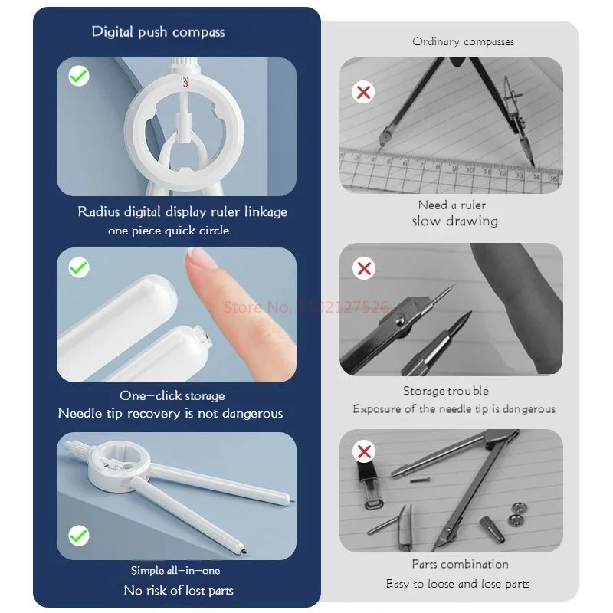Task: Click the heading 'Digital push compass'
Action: click(158, 32)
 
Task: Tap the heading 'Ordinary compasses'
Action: click(463, 41)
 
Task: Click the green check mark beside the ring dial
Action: click(79, 75)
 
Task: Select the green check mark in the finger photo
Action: click(79, 267)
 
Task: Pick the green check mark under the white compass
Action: click(79, 535)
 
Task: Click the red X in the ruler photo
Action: click(363, 92)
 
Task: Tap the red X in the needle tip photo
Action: click(364, 268)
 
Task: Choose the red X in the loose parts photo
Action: click(364, 451)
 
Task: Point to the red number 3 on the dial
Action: click(185, 84)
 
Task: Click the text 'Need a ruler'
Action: click(452, 205)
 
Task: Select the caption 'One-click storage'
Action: click(172, 395)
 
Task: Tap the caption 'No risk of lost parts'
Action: click(179, 590)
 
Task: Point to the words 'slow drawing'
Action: click(455, 221)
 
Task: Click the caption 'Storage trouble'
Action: click(446, 391)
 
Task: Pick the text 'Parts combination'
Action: click(461, 564)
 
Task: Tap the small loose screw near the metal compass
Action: click(420, 480)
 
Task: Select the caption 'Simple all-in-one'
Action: click(175, 570)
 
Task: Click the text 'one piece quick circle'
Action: click(169, 231)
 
